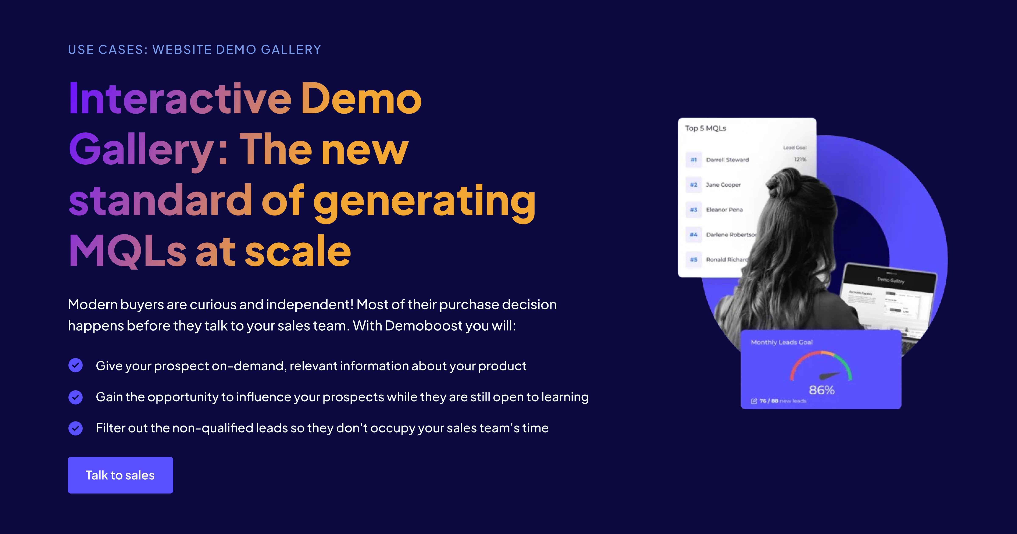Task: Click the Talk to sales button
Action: coord(120,475)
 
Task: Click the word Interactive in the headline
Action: coord(180,99)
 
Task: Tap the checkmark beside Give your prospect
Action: coord(75,365)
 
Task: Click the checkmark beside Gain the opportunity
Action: coord(75,397)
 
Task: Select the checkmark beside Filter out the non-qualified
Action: coord(75,428)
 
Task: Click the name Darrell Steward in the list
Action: coord(727,160)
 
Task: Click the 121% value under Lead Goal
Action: coord(800,159)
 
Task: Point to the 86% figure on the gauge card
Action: coord(822,390)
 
